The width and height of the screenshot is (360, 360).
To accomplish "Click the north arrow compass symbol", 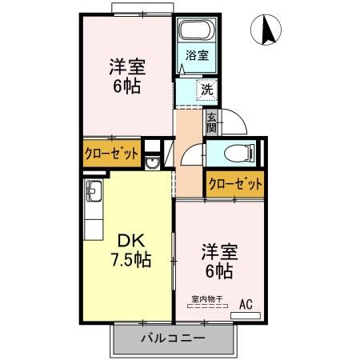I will tap(268, 30).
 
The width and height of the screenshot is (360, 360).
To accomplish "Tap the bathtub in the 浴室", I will tap(191, 32).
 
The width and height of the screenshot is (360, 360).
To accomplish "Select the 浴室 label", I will tap(197, 55).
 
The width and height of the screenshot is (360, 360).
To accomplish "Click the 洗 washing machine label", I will tap(206, 90).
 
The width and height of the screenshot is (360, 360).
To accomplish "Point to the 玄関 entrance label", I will tap(212, 123).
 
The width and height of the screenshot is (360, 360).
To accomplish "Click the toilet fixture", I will tap(239, 152).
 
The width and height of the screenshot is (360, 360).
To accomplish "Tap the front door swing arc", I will tap(230, 120).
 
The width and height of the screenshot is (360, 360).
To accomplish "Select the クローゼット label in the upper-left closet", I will tap(112, 152).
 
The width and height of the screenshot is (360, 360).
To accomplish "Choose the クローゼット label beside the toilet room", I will tap(234, 183).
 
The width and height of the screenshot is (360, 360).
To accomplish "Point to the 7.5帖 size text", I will tap(131, 258).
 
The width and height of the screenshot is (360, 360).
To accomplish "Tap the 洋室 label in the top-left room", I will tap(126, 66).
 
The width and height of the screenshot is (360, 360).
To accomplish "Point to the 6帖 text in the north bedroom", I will tap(126, 86).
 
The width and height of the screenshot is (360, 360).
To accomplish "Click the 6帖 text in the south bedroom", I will tap(218, 271).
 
